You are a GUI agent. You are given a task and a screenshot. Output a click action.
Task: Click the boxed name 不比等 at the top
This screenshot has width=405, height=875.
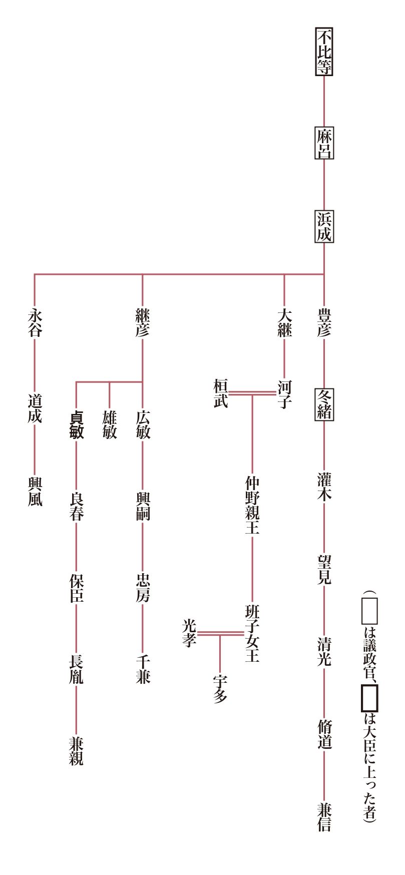click(x=324, y=52)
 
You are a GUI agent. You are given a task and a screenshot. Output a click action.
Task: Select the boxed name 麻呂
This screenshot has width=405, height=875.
click(x=324, y=143)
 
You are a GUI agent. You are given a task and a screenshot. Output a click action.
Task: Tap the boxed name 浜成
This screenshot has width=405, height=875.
click(x=324, y=227)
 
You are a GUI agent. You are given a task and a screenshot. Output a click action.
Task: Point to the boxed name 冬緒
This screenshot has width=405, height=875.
click(x=324, y=404)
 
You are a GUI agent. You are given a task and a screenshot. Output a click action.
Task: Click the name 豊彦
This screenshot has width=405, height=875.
click(x=324, y=322)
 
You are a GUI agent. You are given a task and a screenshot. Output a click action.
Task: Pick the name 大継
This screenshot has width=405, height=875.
click(x=284, y=322)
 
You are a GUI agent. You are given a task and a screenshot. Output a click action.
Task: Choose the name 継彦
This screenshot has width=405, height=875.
click(x=143, y=322)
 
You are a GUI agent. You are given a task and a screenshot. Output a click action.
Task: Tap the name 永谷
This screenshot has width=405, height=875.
click(x=35, y=322)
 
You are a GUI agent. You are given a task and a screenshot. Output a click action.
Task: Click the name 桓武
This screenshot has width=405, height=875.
click(x=221, y=393)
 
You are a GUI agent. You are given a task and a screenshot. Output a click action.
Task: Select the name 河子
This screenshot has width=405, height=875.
click(x=284, y=393)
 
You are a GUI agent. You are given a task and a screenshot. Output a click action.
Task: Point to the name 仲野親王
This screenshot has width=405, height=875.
click(x=252, y=505)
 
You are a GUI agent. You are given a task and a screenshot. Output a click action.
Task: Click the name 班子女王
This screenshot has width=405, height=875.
click(x=252, y=633)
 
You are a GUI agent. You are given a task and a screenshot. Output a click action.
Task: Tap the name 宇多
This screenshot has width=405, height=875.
click(x=220, y=689)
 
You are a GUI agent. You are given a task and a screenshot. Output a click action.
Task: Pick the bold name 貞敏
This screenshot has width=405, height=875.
click(x=76, y=425)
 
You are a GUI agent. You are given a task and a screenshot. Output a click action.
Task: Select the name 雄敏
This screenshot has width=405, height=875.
click(x=110, y=425)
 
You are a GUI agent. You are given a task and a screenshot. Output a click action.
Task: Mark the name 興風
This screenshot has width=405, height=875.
click(x=35, y=492)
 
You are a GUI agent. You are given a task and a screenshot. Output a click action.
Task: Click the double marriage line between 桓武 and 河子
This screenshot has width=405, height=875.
click(x=252, y=393)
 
